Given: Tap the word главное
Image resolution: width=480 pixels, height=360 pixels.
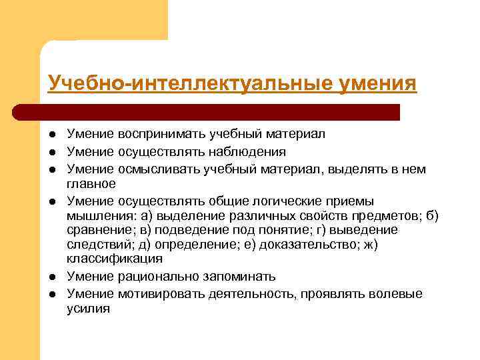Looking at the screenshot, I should pyautogui.click(x=91, y=183).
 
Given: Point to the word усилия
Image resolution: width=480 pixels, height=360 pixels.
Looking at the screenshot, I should pyautogui.click(x=88, y=308).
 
